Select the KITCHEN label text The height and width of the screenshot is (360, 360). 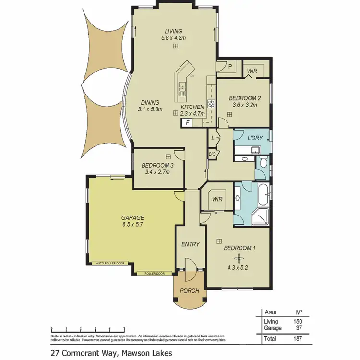click(192, 107)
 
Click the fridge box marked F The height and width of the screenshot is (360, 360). click(187, 123)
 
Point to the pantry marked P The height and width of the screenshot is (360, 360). click(224, 68)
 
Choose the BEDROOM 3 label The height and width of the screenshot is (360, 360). click(157, 165)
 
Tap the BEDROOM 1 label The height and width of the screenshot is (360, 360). click(240, 248)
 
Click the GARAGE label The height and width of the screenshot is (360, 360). click(132, 217)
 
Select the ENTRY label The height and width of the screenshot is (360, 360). click(191, 244)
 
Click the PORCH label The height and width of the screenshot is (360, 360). click(190, 291)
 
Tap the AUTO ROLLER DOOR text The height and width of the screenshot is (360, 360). click(110, 264)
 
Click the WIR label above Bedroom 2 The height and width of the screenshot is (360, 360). click(252, 71)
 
